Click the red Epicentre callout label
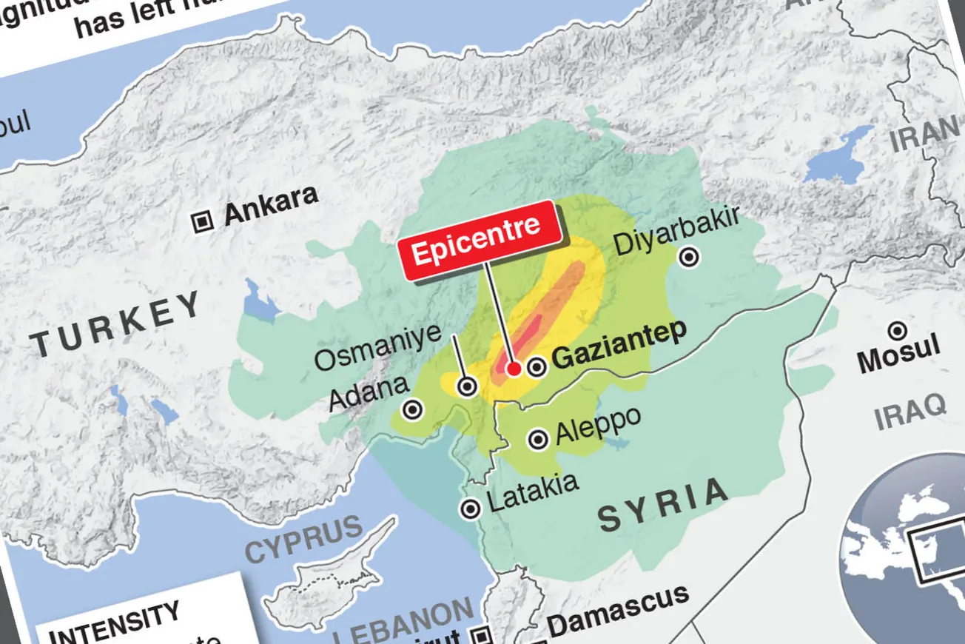click(477, 240)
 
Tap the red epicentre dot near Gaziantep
click(512, 369)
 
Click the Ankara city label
click(271, 205)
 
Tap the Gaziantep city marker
click(537, 366)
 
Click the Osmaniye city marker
click(467, 386)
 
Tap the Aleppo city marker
click(538, 440)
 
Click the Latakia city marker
click(470, 509)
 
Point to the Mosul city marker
click(898, 331)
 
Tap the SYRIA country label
click(663, 505)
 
